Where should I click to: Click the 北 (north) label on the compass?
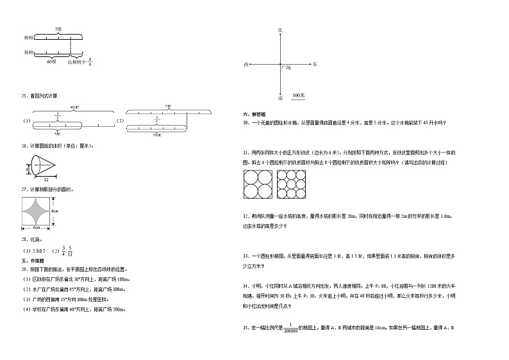coord(280,30)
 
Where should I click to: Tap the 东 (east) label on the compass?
coord(314,65)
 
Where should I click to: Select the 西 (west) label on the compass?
coord(246,65)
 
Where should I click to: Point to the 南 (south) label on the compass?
coord(280,99)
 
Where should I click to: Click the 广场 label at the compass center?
coord(287,67)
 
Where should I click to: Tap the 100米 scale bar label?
coord(298,95)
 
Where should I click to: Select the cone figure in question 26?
coord(42,168)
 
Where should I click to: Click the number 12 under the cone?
coord(46,180)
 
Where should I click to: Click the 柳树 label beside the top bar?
coord(28,38)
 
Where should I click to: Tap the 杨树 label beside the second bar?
coord(28,53)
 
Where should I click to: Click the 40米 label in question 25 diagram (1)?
coord(75,107)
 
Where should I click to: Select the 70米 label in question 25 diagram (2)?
coord(157,135)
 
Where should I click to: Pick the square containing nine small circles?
coord(292,185)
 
